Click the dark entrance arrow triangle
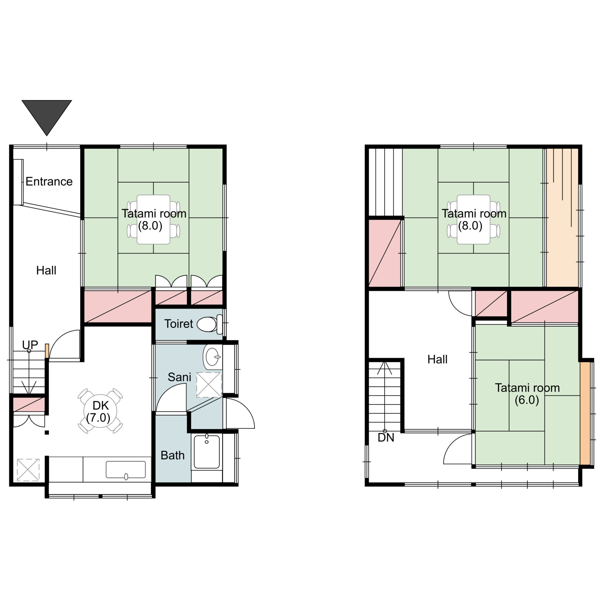46,115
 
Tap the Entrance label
49,182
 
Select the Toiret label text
179,324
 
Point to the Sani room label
179,377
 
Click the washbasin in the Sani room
213,357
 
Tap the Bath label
172,455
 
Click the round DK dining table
100,411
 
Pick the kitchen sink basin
126,470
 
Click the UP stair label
30,345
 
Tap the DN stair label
386,437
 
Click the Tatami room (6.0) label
527,394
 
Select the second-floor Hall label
437,359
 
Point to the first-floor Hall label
46,270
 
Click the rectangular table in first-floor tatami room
154,220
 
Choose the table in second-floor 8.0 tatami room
474,220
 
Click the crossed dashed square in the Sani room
209,385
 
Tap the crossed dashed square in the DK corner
28,470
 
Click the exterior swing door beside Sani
240,413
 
